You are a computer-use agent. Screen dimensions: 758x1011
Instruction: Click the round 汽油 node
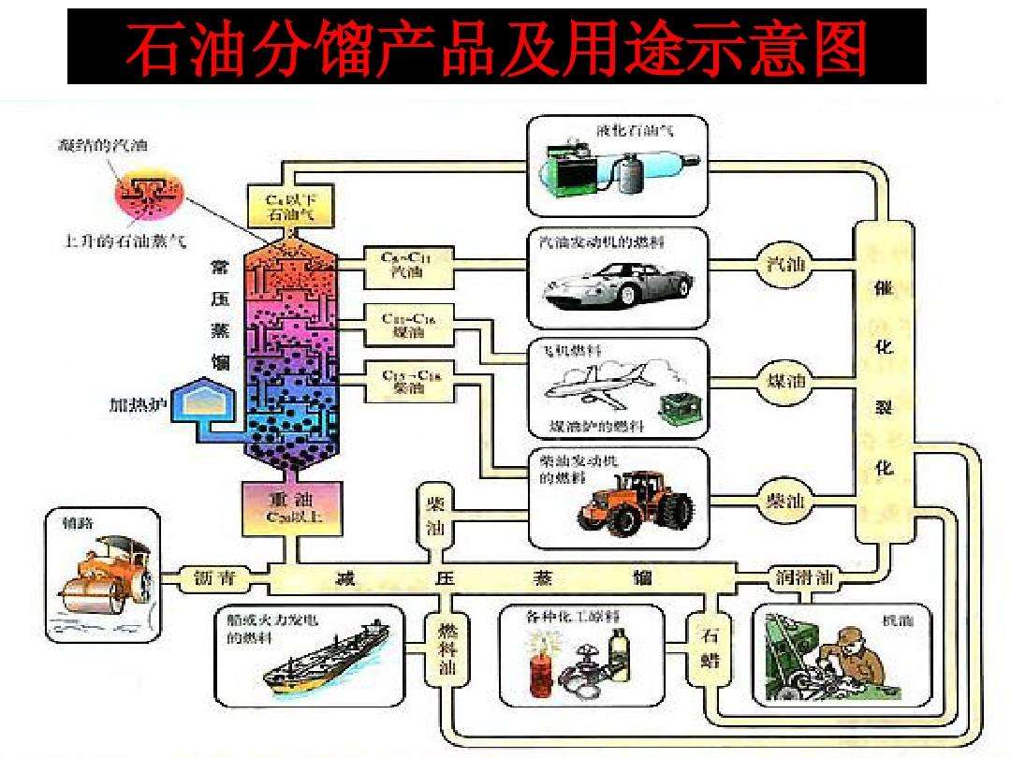(784, 265)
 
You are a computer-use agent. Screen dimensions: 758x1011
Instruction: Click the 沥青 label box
(215, 577)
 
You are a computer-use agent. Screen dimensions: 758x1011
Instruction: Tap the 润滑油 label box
(804, 576)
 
